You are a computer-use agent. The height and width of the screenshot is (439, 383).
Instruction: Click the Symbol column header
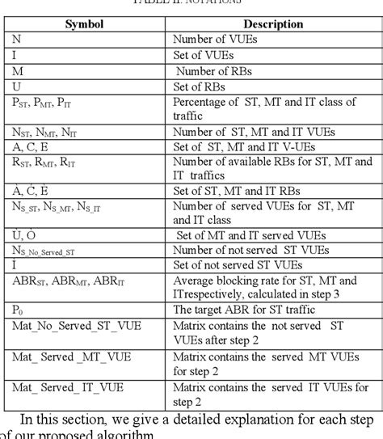point(89,24)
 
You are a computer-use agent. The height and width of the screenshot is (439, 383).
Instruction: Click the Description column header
point(272,24)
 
